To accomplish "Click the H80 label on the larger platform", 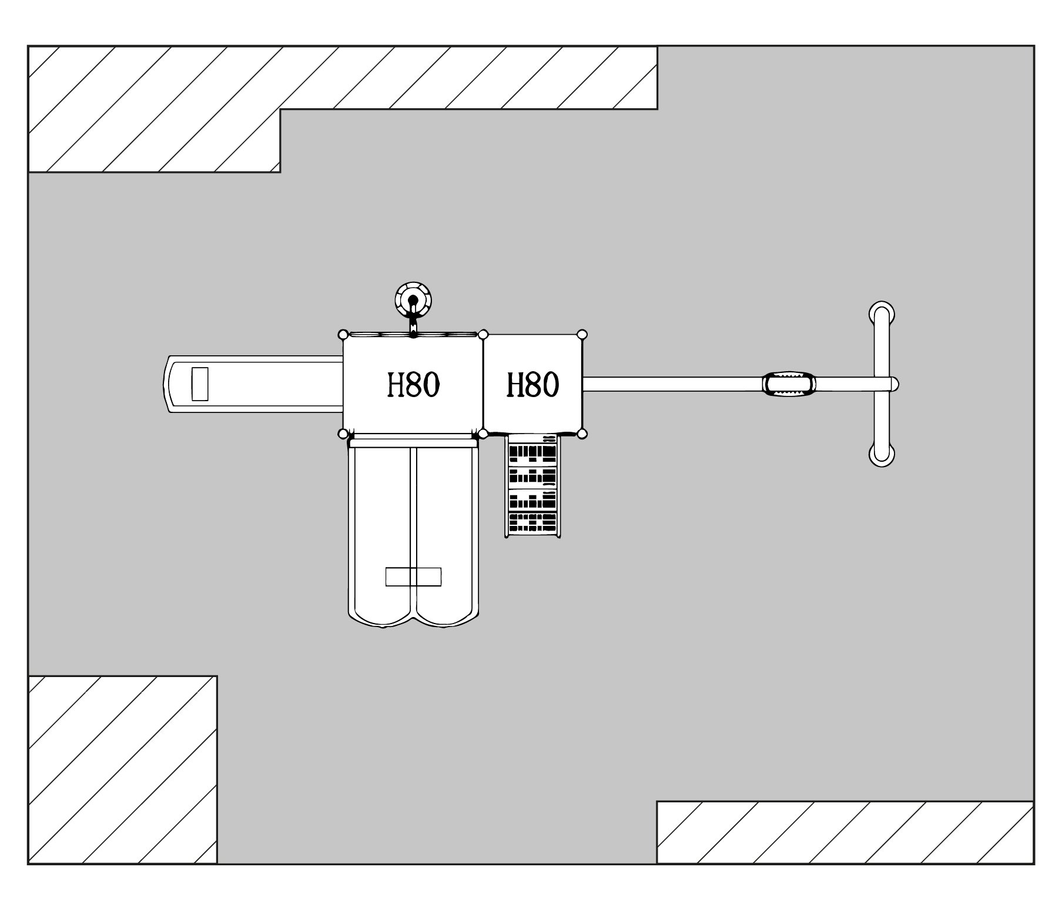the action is click(x=413, y=385).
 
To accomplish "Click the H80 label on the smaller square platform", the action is click(x=532, y=385).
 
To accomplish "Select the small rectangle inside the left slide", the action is click(x=200, y=384).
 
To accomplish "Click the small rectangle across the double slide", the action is click(x=413, y=576).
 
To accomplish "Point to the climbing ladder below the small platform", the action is click(x=532, y=486).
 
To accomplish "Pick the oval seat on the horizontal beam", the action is click(x=789, y=384).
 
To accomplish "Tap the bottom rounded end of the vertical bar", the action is click(x=882, y=455).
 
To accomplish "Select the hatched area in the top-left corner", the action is click(x=153, y=109).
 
